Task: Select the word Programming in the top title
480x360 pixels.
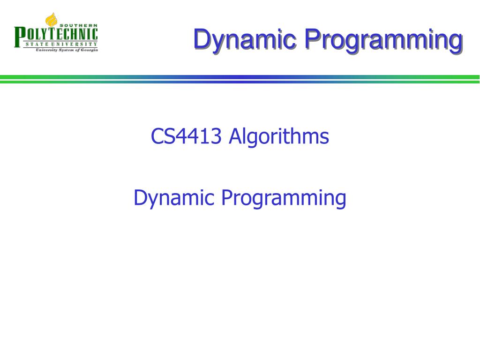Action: [382, 39]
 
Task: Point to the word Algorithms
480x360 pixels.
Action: [279, 137]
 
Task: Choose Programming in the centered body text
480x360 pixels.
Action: [284, 199]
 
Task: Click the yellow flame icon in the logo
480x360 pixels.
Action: [51, 21]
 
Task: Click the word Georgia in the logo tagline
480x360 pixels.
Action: [89, 50]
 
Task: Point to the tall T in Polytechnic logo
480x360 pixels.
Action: [47, 34]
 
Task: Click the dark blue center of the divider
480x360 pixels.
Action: [240, 79]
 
